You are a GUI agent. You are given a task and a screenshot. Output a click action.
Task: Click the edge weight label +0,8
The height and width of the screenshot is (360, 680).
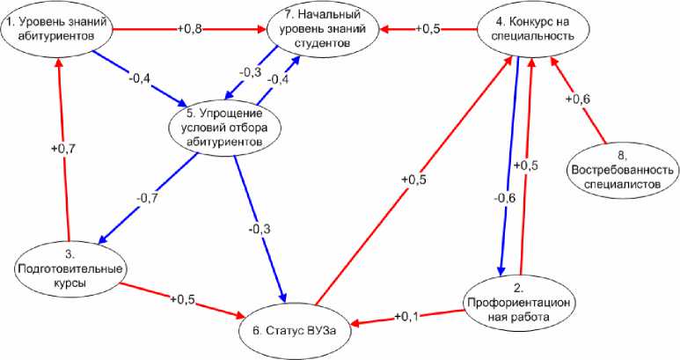(x=192, y=28)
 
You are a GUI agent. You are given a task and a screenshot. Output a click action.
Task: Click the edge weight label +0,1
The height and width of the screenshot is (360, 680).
(x=406, y=316)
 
